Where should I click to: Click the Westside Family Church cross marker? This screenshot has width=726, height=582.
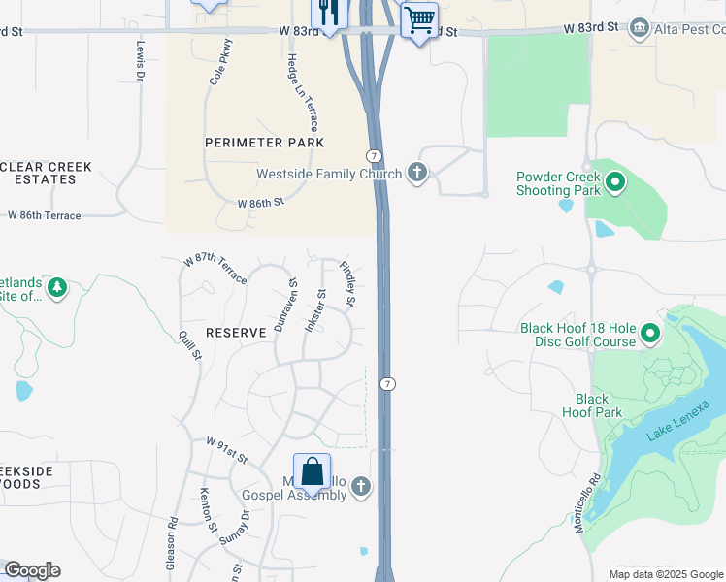417,175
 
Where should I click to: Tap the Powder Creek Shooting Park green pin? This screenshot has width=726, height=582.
614,181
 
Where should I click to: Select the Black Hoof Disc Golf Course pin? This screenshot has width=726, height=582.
648,335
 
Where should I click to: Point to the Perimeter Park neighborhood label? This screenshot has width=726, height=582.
264,143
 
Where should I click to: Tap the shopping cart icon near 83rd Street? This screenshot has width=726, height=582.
419,19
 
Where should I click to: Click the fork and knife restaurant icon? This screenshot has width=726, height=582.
328,13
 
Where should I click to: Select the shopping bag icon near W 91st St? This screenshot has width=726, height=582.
313,472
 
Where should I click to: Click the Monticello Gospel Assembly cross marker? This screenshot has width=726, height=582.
361,486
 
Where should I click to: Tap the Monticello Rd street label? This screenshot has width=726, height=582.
595,501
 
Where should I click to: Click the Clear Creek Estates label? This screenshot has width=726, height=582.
47,174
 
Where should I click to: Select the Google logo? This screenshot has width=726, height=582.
32,570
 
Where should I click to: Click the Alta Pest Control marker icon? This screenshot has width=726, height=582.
639,26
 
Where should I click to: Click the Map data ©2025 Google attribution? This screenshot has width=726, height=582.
665,574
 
